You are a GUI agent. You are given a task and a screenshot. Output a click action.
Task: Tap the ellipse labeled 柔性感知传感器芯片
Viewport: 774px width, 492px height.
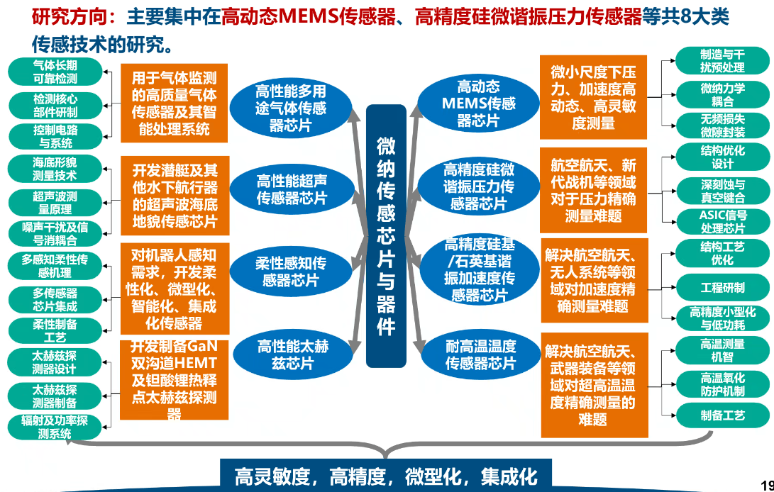click(291, 272)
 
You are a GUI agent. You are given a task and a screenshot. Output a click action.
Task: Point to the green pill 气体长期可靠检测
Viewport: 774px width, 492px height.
click(55, 72)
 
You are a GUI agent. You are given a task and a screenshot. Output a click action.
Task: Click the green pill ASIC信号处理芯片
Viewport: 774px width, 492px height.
click(722, 221)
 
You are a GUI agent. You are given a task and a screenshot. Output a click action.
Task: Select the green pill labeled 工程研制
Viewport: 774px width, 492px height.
click(722, 288)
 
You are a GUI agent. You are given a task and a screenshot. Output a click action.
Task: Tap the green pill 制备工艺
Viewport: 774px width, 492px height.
click(722, 415)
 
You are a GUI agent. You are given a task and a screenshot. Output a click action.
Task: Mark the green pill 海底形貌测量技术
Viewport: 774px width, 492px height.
click(55, 169)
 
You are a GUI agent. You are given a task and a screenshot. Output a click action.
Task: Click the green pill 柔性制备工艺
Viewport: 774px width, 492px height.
click(55, 330)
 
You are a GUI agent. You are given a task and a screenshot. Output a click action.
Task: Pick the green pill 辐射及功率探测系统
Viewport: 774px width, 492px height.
click(55, 427)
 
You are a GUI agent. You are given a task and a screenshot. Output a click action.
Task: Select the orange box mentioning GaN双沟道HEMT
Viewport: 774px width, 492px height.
click(174, 380)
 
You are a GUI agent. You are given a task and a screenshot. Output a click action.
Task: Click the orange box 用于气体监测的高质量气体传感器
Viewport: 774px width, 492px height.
click(174, 104)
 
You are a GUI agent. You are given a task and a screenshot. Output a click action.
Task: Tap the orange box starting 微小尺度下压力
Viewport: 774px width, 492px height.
click(593, 97)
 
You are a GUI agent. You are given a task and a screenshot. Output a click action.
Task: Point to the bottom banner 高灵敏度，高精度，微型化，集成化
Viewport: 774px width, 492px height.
click(386, 476)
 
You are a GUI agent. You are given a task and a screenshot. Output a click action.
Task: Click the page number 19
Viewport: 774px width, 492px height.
click(766, 486)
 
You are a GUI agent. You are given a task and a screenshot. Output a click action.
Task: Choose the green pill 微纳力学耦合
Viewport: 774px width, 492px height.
click(722, 95)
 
